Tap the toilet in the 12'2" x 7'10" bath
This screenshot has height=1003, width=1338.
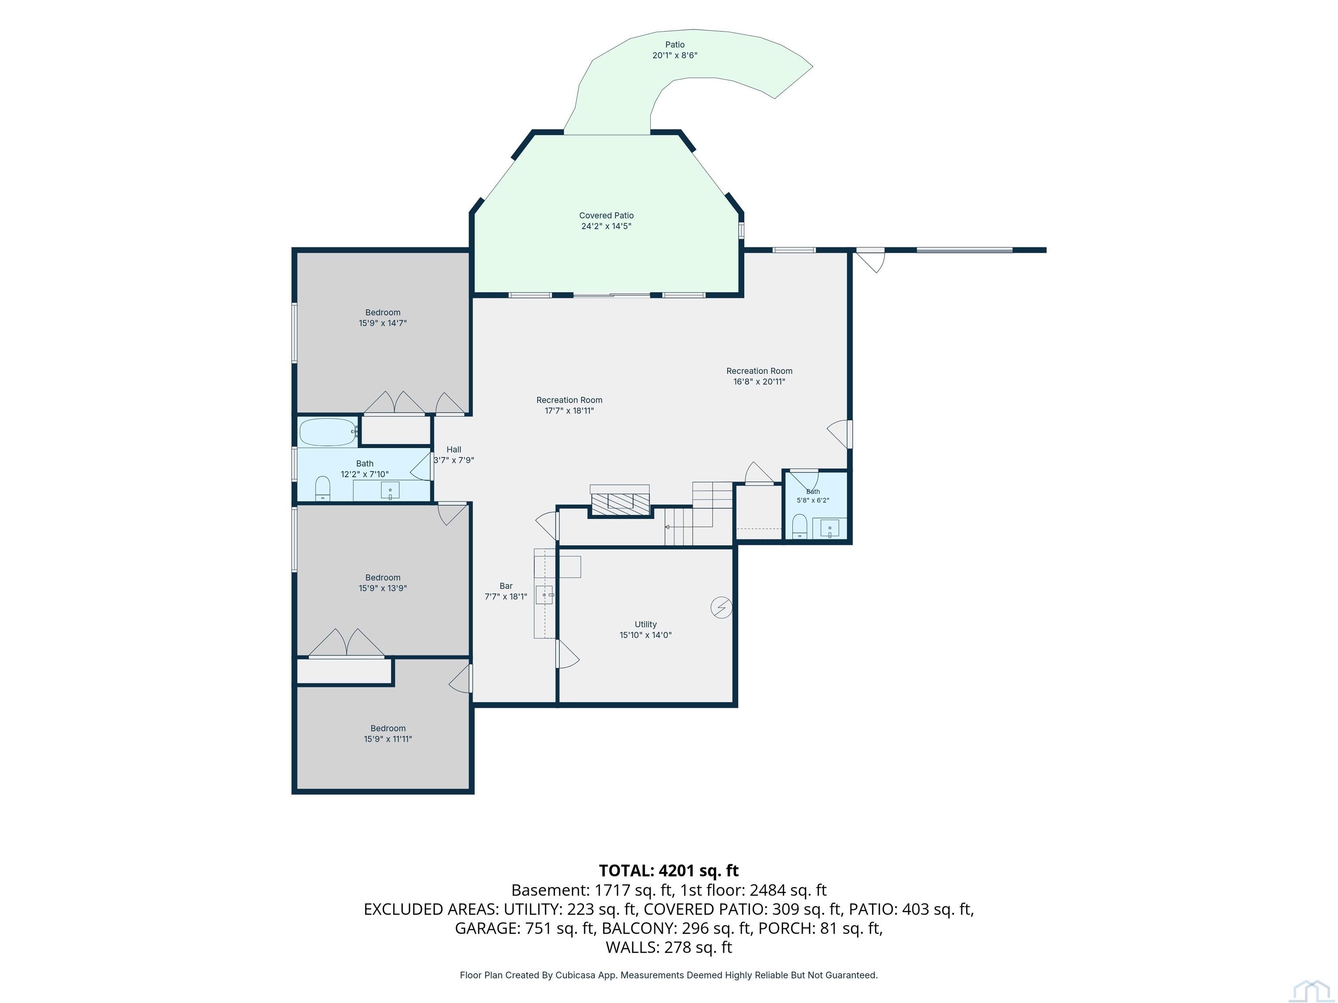click(323, 488)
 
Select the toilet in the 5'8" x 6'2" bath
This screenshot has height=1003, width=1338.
click(800, 526)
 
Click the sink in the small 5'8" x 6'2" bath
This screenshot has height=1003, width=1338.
click(830, 528)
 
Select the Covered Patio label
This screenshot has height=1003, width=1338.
click(606, 215)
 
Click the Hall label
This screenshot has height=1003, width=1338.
click(454, 449)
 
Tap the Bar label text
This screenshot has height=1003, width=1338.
click(506, 586)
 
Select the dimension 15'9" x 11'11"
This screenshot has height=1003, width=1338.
click(388, 739)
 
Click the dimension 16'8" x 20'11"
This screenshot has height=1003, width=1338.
click(759, 381)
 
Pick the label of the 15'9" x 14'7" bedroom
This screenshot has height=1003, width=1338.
click(383, 313)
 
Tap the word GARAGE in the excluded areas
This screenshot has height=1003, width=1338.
click(487, 928)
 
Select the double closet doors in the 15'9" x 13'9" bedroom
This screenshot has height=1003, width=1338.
click(346, 642)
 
